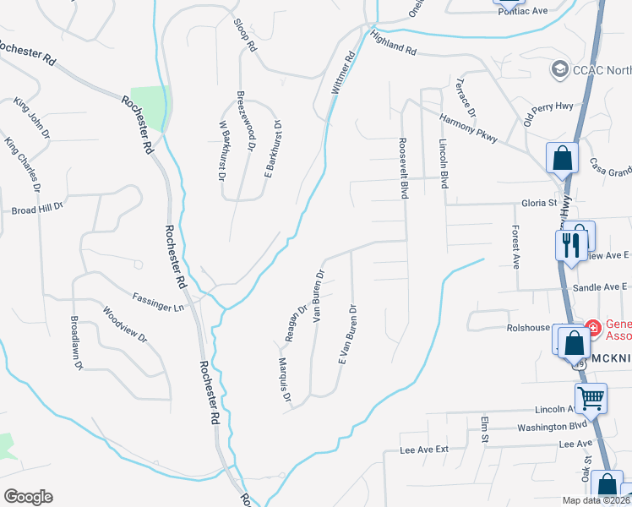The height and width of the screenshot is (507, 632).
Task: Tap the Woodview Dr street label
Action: [x=125, y=324]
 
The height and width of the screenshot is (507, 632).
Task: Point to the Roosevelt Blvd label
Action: [x=404, y=169]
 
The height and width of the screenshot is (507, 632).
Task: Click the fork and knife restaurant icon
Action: [x=571, y=245]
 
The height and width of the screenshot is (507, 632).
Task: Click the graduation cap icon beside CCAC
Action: [x=558, y=68]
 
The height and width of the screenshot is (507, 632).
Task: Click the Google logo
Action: [x=28, y=497]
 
